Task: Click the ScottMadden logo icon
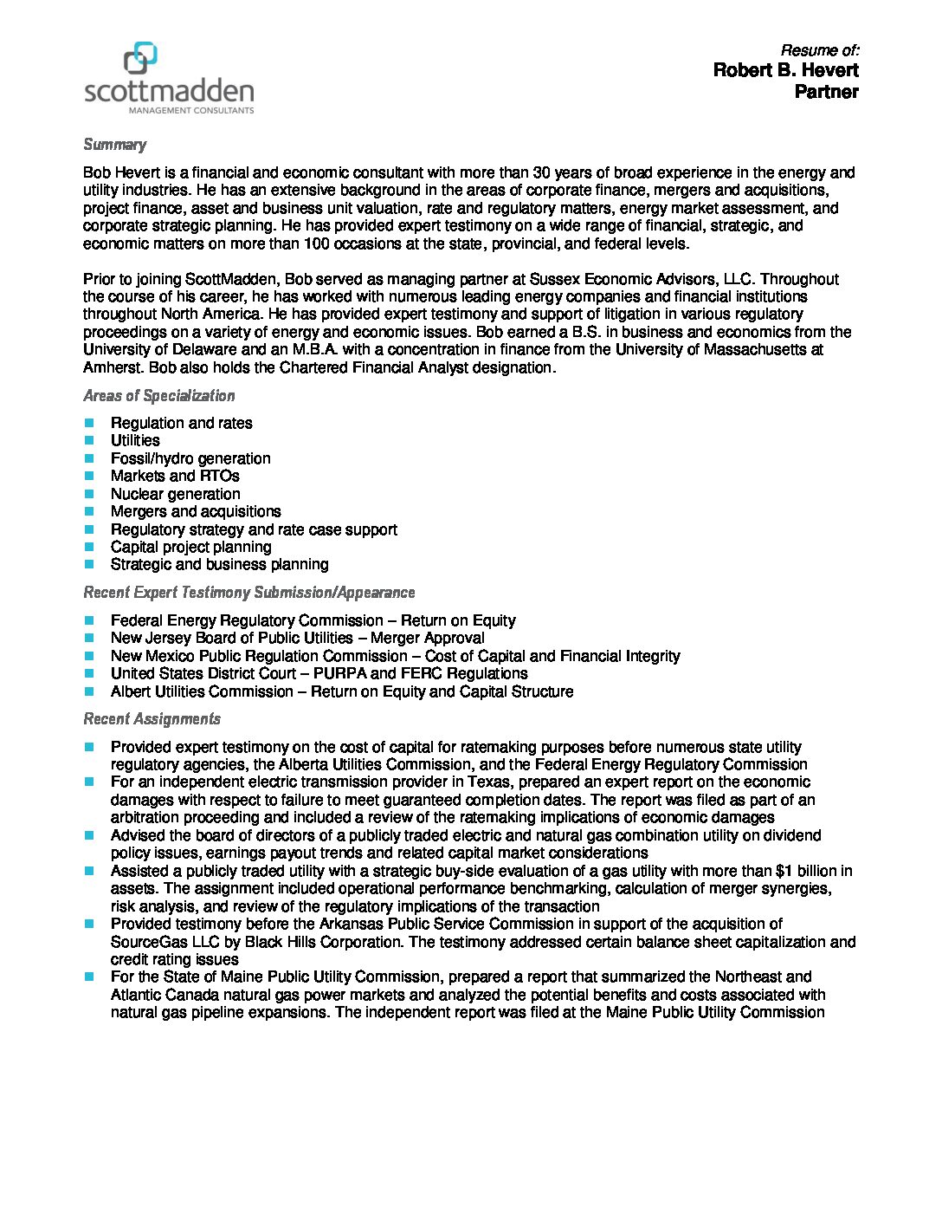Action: [x=141, y=57]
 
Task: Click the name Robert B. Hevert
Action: [x=785, y=70]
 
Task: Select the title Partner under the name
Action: [x=826, y=92]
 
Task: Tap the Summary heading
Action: [x=114, y=145]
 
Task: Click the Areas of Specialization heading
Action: [x=158, y=396]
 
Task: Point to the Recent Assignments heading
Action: [x=152, y=719]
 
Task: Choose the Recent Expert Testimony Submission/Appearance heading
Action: [x=248, y=593]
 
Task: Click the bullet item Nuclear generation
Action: [x=175, y=494]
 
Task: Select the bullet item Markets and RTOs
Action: [x=174, y=476]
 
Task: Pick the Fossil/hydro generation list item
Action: [x=190, y=458]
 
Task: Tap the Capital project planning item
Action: [x=190, y=547]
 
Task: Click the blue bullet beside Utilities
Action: [x=89, y=440]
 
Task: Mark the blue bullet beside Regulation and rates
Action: [x=89, y=423]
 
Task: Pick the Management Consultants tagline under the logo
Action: [x=190, y=111]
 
